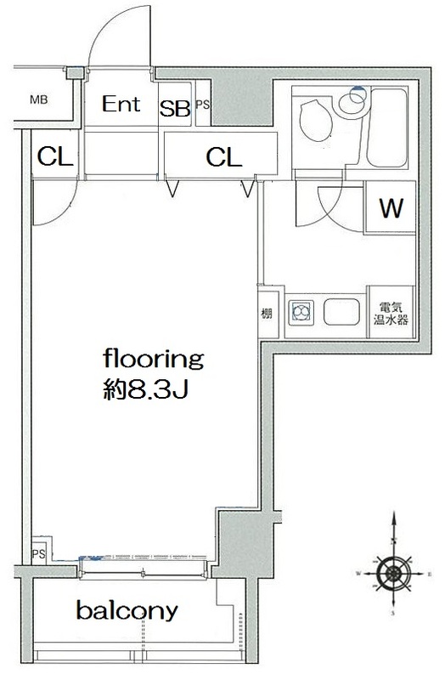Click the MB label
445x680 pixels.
click(38, 99)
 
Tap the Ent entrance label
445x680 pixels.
click(121, 104)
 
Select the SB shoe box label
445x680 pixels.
click(175, 109)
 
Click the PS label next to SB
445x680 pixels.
click(203, 105)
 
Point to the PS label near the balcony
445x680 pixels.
click(38, 554)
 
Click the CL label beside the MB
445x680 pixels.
click(55, 156)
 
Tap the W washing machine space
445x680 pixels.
click(391, 207)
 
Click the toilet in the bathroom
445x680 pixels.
click(316, 121)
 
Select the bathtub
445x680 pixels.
click(387, 127)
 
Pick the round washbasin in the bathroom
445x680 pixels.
click(353, 104)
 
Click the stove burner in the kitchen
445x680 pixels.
click(301, 312)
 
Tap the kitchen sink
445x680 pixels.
click(341, 312)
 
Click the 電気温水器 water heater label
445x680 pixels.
click(391, 314)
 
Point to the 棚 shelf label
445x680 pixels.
click(267, 313)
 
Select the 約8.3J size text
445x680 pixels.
click(145, 390)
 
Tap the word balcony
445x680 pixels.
click(127, 610)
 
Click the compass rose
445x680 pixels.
click(393, 573)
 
